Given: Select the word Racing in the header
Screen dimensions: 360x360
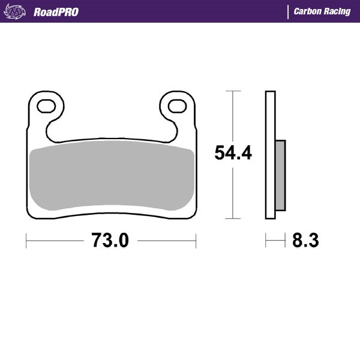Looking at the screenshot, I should click(x=338, y=12).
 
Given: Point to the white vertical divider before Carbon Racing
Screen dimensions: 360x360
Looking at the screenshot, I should click(x=289, y=12).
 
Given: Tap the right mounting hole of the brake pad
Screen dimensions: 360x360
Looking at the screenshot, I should click(x=176, y=106).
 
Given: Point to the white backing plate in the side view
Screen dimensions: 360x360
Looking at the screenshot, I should click(x=270, y=155).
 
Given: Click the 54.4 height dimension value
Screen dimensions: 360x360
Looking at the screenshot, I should click(x=233, y=154).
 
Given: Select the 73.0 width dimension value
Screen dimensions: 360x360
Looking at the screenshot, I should click(x=110, y=241).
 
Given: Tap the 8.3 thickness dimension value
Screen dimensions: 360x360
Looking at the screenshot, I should click(x=305, y=241).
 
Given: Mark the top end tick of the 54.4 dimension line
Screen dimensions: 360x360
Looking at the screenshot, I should click(x=233, y=91).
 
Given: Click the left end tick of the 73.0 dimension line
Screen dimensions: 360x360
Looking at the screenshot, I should click(x=26, y=241).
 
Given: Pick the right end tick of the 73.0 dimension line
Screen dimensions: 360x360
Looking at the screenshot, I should click(x=196, y=241).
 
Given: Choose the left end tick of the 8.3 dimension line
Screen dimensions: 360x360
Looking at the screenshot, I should click(x=266, y=241).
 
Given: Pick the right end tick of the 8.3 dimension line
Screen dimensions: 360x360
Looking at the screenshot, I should click(x=285, y=241).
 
